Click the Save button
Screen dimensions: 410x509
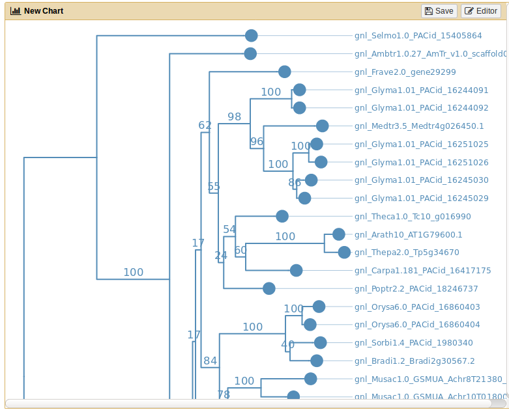(439, 11)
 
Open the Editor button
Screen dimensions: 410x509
(480, 11)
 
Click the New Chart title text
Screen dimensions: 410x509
(43, 11)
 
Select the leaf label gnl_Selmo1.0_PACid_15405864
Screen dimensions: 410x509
(418, 36)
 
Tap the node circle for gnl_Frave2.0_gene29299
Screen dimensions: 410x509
(284, 72)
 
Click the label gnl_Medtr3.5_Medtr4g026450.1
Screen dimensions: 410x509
(419, 126)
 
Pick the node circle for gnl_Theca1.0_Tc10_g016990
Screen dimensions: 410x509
(282, 216)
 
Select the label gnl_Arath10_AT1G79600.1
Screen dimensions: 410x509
(408, 234)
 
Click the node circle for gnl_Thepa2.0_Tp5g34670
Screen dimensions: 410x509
(344, 252)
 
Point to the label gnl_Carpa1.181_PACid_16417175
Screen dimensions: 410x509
(422, 270)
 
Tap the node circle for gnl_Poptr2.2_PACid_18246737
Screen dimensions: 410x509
(269, 288)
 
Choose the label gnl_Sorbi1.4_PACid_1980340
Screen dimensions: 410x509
(413, 342)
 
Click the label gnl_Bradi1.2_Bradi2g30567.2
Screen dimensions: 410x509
(414, 361)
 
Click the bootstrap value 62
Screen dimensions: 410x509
(205, 125)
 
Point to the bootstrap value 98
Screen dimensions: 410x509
(234, 117)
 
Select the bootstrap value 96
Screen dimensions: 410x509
(257, 141)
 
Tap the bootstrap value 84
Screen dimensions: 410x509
(210, 361)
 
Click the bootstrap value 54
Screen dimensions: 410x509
(229, 229)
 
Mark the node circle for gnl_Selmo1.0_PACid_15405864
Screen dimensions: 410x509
(252, 36)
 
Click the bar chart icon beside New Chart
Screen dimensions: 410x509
(15, 11)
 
